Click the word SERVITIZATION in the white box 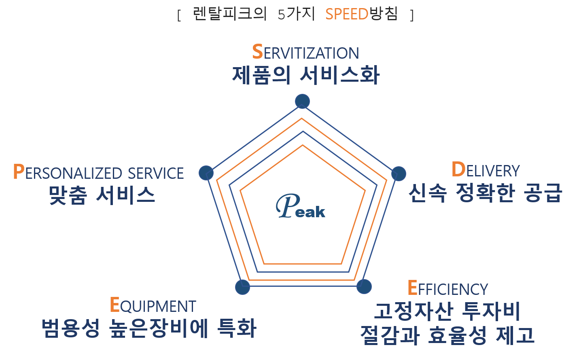coord(305,52)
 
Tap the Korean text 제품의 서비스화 coord(305,75)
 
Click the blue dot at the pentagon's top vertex coord(302,101)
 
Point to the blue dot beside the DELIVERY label coord(399,174)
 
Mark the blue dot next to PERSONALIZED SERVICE coord(206,173)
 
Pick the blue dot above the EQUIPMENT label coord(242,287)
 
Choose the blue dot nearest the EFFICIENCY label coord(364,286)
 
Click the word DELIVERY coord(486,170)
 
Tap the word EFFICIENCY coord(447,288)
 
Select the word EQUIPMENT coord(153,305)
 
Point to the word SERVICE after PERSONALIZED coord(156,173)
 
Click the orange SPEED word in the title coord(347,14)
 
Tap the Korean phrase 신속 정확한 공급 coord(485,193)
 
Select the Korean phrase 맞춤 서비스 coord(102,195)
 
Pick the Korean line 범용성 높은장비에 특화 coord(149,328)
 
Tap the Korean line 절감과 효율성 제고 coord(447,335)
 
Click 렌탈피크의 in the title coord(229,14)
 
